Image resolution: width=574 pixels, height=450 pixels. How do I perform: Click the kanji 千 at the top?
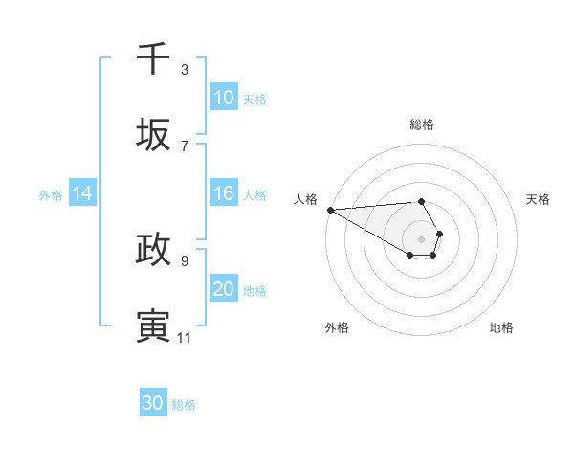tap(153, 58)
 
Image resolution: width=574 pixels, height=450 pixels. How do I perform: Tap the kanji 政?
tap(153, 249)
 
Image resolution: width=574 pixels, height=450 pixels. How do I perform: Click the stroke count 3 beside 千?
tap(185, 69)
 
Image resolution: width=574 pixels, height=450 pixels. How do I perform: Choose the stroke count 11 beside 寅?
tap(184, 337)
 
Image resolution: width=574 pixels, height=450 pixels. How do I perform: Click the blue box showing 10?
tap(224, 98)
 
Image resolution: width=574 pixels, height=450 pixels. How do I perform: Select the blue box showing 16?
tap(224, 193)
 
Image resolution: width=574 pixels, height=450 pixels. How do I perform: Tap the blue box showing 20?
tap(224, 289)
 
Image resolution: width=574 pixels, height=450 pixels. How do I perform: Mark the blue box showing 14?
tap(82, 193)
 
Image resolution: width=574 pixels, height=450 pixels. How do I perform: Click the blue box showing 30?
tap(153, 403)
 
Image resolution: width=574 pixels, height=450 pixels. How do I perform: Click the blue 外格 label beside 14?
tap(51, 194)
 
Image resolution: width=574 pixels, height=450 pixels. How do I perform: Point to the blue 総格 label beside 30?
tap(184, 405)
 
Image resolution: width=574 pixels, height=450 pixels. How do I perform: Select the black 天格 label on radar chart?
tap(538, 199)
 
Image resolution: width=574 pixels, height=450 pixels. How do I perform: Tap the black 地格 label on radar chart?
tap(501, 327)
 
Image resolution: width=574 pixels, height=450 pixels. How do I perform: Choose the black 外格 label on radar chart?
tap(337, 327)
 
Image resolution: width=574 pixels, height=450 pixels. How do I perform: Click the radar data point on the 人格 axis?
tap(329, 209)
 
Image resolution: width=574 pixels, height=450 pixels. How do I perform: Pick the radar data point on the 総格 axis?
tap(421, 201)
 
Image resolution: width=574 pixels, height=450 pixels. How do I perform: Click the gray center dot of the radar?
tap(421, 237)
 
